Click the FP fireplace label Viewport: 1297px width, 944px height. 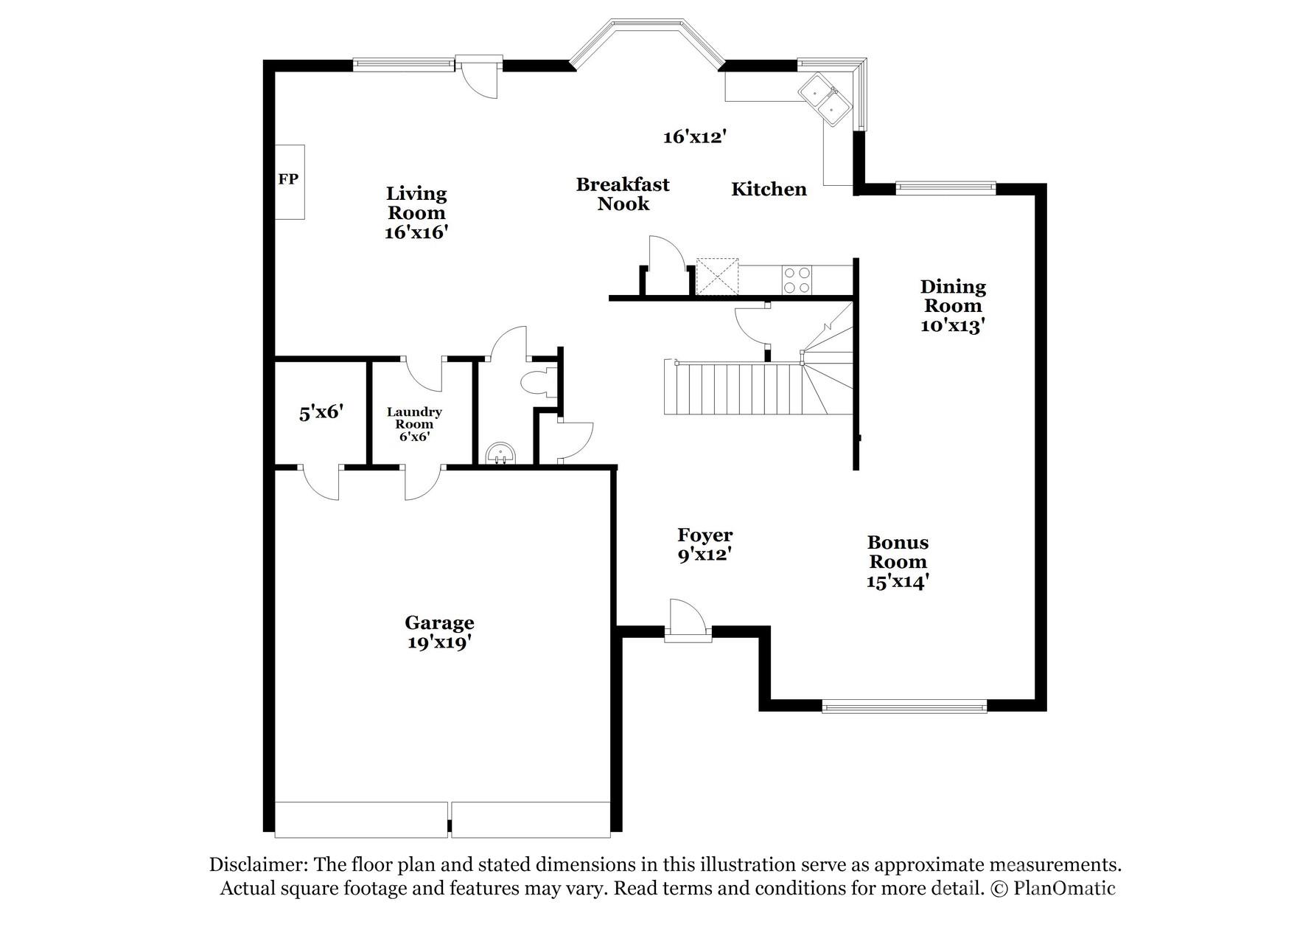pyautogui.click(x=288, y=179)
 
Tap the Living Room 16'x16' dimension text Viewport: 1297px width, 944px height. pyautogui.click(x=416, y=232)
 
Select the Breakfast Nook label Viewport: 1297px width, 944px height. pyautogui.click(x=623, y=194)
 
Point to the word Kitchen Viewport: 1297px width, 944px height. pyautogui.click(x=769, y=190)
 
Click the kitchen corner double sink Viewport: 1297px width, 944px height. pyautogui.click(x=827, y=100)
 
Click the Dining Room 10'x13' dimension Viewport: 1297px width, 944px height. pyautogui.click(x=953, y=325)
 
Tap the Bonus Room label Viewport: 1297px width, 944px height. pyautogui.click(x=898, y=552)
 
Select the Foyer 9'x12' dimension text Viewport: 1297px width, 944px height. pyautogui.click(x=705, y=555)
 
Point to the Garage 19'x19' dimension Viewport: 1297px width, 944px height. pyautogui.click(x=439, y=642)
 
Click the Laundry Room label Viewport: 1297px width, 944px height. pyautogui.click(x=414, y=418)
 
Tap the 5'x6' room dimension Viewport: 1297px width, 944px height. pyautogui.click(x=321, y=412)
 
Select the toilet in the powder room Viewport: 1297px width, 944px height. pyautogui.click(x=535, y=383)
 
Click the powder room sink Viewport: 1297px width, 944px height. pyautogui.click(x=502, y=454)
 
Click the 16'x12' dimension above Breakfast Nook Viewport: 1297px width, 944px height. pyautogui.click(x=695, y=136)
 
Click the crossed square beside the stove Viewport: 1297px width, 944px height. pyautogui.click(x=717, y=277)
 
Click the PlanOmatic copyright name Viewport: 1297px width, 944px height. pyautogui.click(x=1064, y=888)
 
